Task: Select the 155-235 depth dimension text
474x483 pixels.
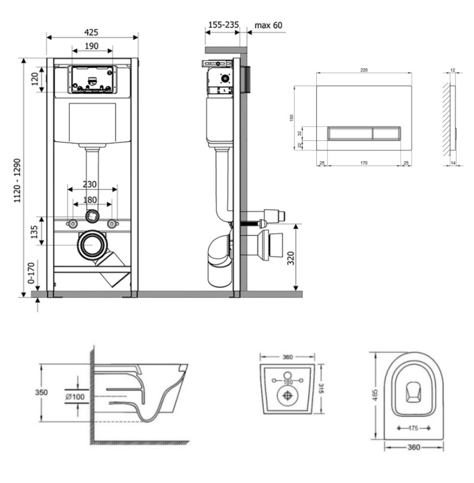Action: click(x=223, y=25)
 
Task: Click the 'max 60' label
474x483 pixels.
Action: click(x=268, y=25)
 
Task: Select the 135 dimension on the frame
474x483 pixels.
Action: click(x=34, y=232)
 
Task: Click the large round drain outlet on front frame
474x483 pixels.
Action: click(x=91, y=245)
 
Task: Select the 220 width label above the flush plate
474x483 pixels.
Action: click(x=364, y=69)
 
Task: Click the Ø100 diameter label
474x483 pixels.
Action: click(x=74, y=396)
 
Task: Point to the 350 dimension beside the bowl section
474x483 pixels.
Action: click(x=40, y=393)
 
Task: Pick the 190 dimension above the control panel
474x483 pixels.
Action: click(x=92, y=46)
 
